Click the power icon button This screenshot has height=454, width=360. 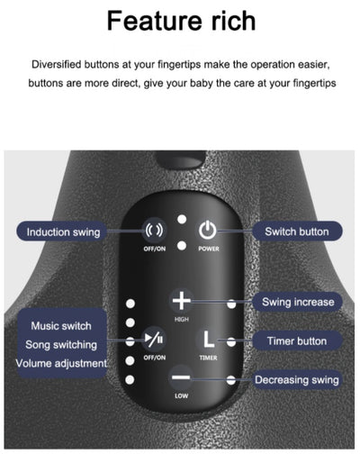(x=207, y=231)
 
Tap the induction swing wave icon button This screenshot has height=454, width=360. (x=154, y=231)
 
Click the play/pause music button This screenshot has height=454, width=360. (x=154, y=340)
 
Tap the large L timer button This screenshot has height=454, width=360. (x=208, y=340)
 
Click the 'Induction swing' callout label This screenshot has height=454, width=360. (x=61, y=232)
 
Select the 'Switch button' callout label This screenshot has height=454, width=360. (x=297, y=232)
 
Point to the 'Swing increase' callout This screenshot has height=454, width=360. (x=298, y=302)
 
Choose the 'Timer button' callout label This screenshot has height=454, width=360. (x=297, y=341)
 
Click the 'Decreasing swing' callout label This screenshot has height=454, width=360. (x=297, y=380)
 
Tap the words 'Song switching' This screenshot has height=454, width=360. (x=61, y=345)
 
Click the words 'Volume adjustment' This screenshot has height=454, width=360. (x=61, y=363)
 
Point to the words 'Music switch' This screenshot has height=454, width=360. (x=61, y=326)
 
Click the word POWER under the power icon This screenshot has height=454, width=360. (x=209, y=249)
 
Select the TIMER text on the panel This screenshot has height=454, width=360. (x=208, y=358)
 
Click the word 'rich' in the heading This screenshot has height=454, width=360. (x=233, y=21)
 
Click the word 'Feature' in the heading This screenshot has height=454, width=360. (x=156, y=21)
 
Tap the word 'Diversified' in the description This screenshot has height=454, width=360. (x=57, y=64)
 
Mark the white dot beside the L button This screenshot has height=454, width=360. (x=231, y=341)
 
